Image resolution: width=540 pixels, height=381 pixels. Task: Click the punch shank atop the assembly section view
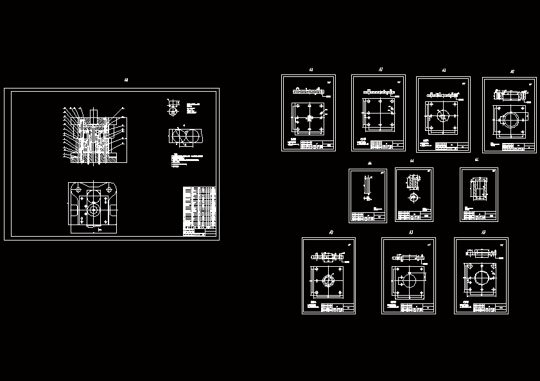pos(94,114)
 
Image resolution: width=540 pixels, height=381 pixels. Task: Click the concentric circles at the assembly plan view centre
pos(94,209)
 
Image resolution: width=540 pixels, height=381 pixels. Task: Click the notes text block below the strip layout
pos(189,160)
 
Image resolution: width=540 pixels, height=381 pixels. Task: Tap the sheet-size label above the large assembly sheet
pos(126,81)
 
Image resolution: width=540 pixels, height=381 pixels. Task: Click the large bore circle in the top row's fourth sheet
pos(512,120)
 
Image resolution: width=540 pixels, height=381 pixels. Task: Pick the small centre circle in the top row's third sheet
pos(442,117)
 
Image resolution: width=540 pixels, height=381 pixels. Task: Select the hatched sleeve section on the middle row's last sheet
pos(478,188)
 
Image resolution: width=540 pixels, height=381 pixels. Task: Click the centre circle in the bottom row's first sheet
pos(328,280)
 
